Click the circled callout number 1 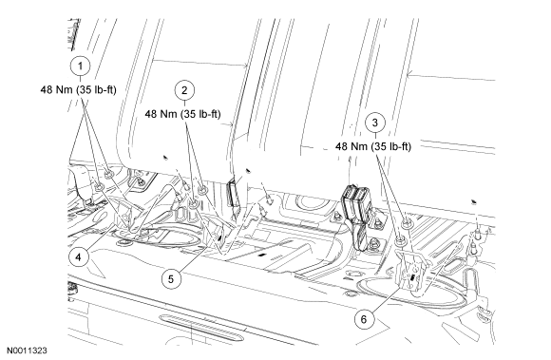click(80, 66)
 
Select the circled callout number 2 click(185, 90)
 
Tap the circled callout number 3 click(375, 123)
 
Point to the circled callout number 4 click(78, 257)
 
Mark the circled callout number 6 click(364, 319)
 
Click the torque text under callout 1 click(78, 89)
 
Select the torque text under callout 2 click(182, 114)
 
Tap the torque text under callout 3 click(372, 146)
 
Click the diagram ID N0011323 click(27, 351)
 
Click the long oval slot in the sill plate click(201, 328)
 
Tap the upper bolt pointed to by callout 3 click(406, 222)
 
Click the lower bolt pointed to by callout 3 click(400, 241)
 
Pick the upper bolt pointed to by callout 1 click(108, 174)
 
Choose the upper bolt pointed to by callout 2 click(202, 191)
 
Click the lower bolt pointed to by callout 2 click(194, 203)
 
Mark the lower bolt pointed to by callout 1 click(99, 187)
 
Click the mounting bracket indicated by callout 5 click(218, 234)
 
